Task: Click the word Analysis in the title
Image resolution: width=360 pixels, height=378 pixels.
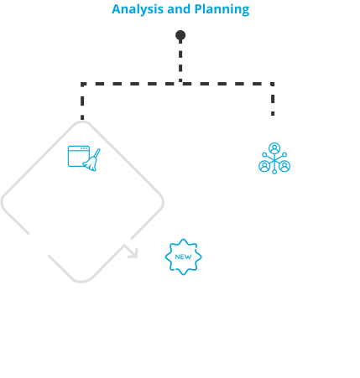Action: click(x=138, y=9)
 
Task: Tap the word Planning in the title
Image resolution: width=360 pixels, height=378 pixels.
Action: click(x=222, y=9)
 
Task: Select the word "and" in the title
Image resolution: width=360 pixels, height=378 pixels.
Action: click(x=179, y=9)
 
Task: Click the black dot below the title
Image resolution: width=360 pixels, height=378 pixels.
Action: click(x=180, y=35)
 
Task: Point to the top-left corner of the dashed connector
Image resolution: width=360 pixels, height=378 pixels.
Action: click(x=82, y=84)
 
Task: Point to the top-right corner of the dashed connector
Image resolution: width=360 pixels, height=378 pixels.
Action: click(x=273, y=84)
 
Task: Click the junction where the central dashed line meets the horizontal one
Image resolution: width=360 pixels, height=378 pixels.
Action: click(x=180, y=84)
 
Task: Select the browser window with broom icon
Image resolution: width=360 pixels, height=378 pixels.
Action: click(x=84, y=158)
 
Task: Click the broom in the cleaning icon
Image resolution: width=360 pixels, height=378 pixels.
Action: click(x=91, y=160)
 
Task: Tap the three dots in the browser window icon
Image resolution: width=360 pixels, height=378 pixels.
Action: click(x=84, y=148)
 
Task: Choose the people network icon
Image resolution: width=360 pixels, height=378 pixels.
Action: click(x=274, y=158)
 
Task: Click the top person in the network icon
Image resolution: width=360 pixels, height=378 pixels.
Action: click(x=274, y=148)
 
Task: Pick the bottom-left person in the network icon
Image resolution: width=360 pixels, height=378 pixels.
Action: click(x=264, y=166)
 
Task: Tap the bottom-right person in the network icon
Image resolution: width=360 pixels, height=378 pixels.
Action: click(x=284, y=166)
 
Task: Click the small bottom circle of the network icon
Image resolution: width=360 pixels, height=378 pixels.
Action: click(x=274, y=172)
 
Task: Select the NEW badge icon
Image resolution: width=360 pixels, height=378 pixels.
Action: click(x=183, y=256)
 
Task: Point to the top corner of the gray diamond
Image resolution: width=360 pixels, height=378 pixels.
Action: click(x=82, y=122)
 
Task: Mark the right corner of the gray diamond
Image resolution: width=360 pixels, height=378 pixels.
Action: click(x=163, y=202)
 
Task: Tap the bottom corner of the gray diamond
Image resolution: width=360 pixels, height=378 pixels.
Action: click(x=81, y=282)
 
